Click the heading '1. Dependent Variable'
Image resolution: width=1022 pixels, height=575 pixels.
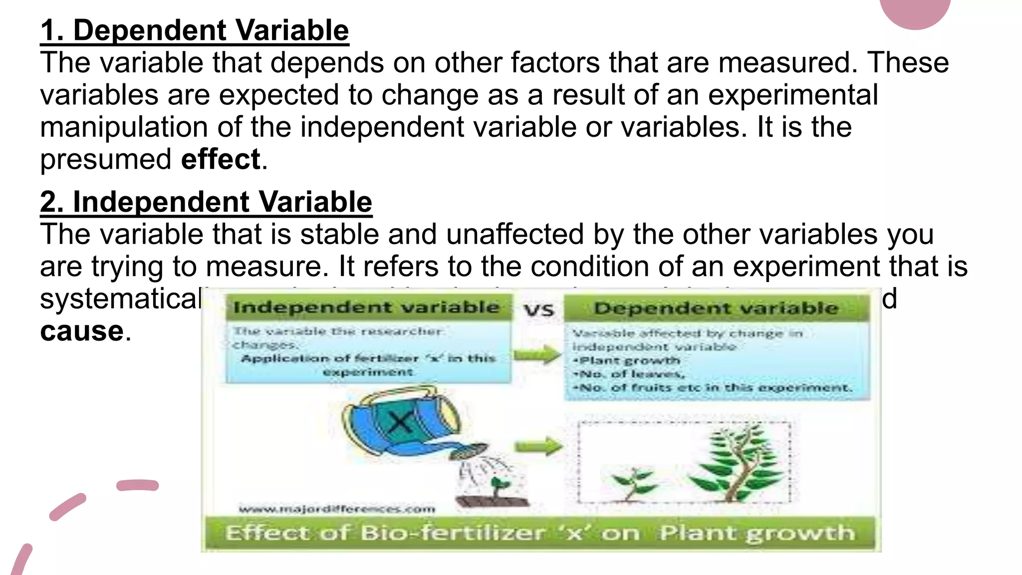[x=195, y=31]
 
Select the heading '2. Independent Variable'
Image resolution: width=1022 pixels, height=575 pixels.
[x=206, y=203]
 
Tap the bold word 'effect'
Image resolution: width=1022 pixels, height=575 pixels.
[x=221, y=160]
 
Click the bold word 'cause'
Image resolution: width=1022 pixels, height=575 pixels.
[x=82, y=331]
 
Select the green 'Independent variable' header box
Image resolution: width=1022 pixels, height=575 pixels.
[x=366, y=307]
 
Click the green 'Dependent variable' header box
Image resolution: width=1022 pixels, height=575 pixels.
[x=716, y=308]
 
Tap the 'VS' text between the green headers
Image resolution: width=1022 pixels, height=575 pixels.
[x=539, y=310]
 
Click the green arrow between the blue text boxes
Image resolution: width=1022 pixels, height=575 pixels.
[x=537, y=355]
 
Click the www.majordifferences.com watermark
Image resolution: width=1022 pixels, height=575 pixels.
[x=337, y=509]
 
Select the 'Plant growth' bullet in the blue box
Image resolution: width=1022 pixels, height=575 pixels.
[x=629, y=360]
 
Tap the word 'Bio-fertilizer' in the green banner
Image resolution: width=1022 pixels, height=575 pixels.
[x=452, y=533]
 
